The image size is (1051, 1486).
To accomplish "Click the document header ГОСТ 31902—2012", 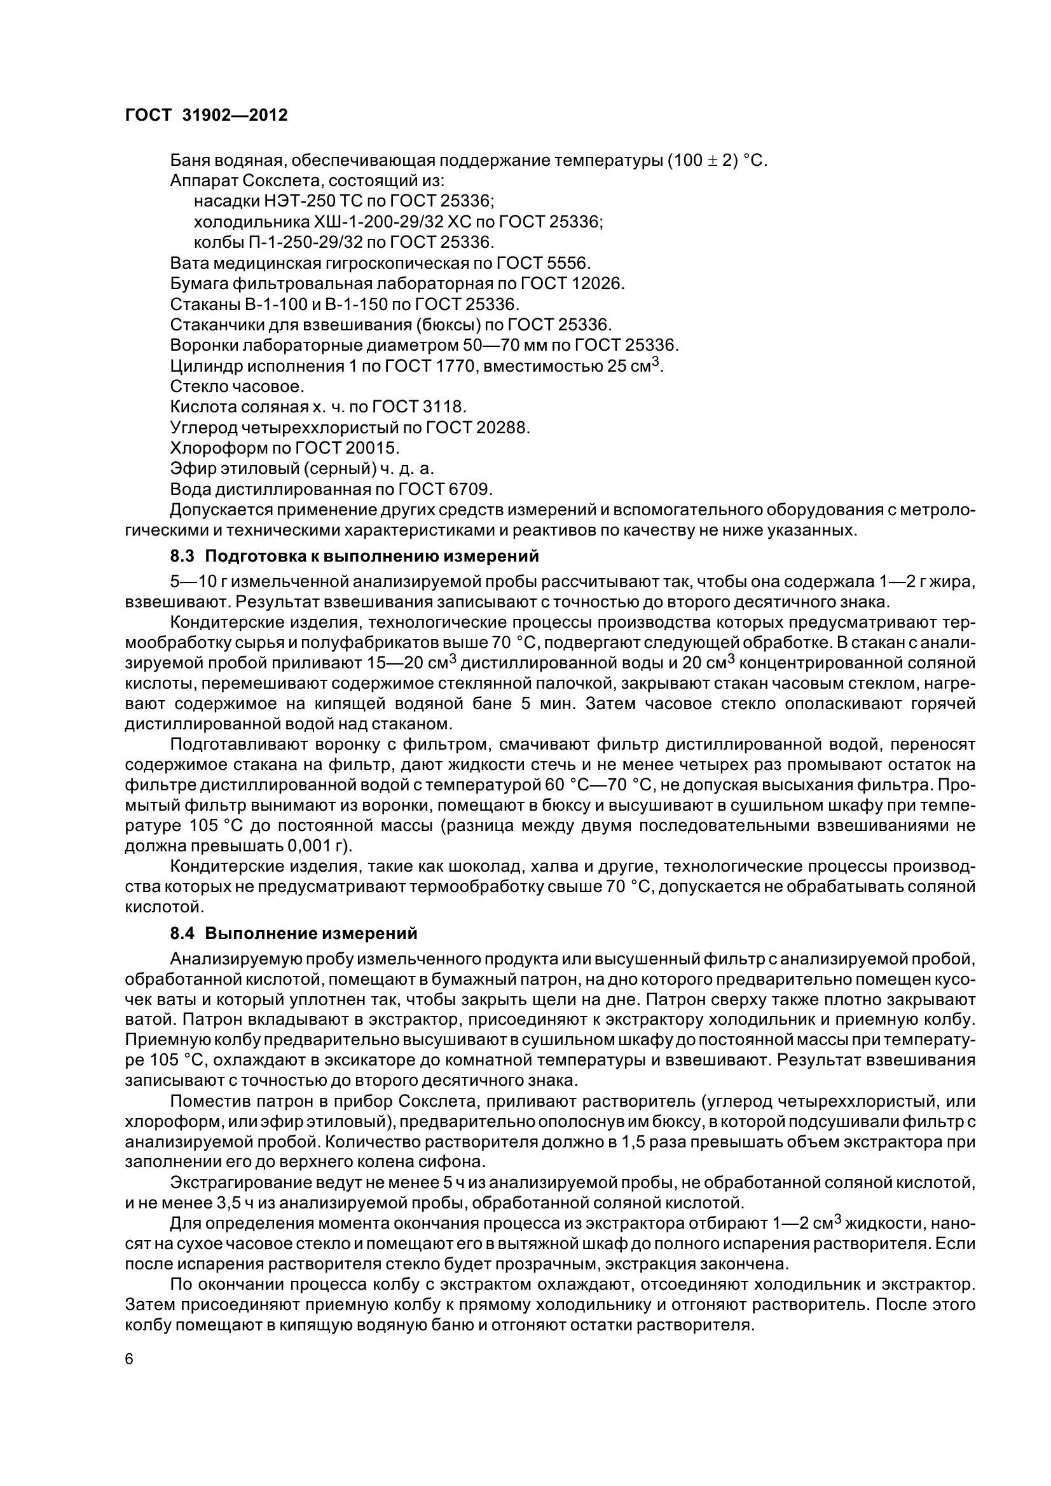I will (x=206, y=116).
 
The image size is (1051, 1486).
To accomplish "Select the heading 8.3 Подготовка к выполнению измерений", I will (x=354, y=556).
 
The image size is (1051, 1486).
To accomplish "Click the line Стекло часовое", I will (x=237, y=387).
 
